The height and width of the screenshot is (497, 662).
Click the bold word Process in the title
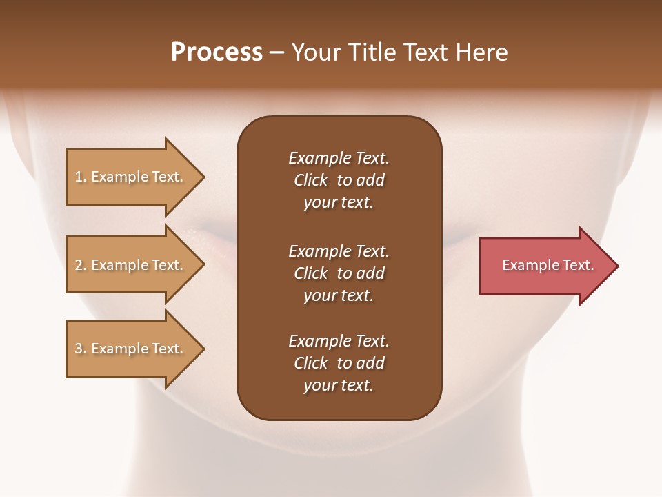tap(217, 52)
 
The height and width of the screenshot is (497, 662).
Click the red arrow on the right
tap(545, 266)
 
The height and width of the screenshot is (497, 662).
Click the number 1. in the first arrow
tap(81, 177)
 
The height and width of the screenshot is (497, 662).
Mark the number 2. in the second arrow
tap(81, 265)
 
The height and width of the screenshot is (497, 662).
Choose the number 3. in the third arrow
tap(81, 349)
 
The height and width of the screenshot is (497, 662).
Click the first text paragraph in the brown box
tap(339, 180)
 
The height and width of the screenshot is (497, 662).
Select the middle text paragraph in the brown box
tap(339, 273)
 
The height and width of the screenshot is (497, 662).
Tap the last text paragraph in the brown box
tap(339, 363)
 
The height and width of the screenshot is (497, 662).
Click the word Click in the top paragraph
tap(310, 180)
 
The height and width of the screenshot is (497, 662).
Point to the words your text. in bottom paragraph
tap(339, 385)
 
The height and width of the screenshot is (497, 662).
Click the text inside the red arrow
tap(548, 265)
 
